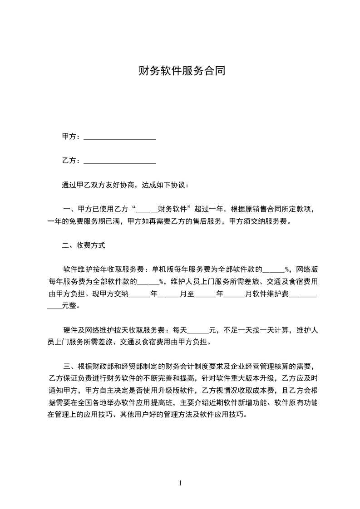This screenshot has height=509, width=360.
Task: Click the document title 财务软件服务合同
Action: click(182, 71)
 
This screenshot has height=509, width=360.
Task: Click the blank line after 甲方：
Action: click(120, 137)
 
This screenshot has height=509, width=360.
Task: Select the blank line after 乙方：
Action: click(120, 161)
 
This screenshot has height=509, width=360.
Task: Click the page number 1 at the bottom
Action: click(180, 483)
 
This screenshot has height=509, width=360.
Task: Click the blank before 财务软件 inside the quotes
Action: click(147, 209)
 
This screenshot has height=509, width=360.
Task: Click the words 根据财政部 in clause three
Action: click(98, 367)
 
